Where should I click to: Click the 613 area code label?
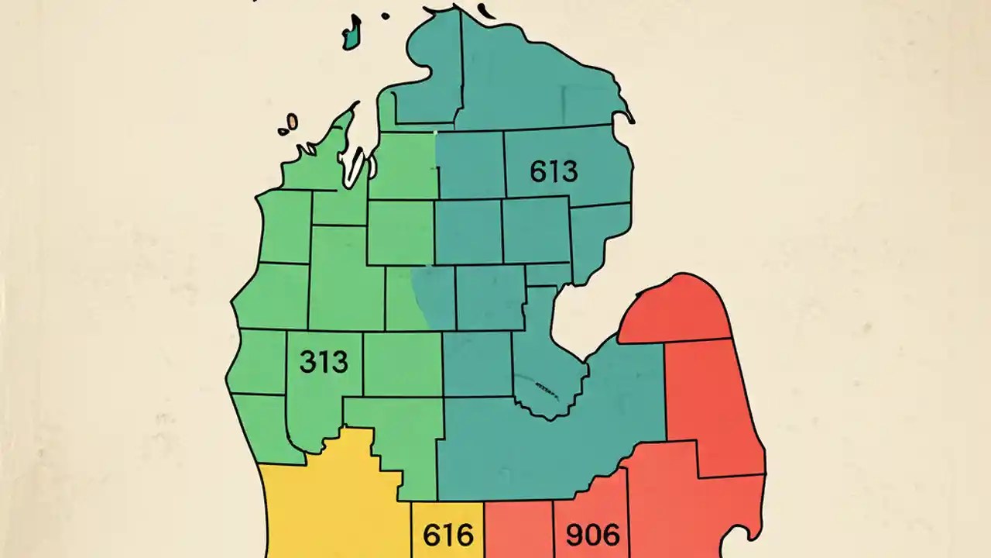pos(554,170)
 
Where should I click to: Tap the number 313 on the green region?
pos(323,362)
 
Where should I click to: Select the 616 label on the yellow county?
pos(447,535)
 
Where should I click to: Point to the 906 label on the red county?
pos(592,535)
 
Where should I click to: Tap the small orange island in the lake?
pos(293,122)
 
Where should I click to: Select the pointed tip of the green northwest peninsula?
pos(355,105)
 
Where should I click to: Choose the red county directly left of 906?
pos(518,531)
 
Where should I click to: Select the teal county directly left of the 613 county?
pos(470,165)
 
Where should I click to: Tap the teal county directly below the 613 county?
pos(537,230)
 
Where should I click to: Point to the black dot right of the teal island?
pos(385,15)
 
